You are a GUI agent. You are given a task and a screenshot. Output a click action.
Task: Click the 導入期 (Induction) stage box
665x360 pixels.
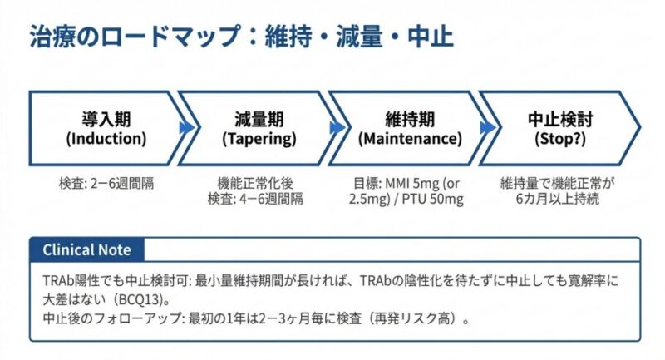pos(106,128)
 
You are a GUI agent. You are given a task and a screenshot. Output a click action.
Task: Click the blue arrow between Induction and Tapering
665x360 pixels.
pos(185,128)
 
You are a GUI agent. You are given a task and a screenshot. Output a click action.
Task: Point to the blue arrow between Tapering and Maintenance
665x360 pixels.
pos(337,128)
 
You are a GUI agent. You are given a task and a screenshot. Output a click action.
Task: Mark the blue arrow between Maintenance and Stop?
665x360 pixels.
pos(487,128)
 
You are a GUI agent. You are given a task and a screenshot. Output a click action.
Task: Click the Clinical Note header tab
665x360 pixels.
pos(87,249)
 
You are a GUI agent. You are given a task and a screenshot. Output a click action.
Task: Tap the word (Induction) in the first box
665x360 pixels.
pos(106,139)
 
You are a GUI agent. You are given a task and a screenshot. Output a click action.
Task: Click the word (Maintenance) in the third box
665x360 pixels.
pos(410,139)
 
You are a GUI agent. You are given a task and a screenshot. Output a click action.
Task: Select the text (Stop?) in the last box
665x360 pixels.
pos(559,139)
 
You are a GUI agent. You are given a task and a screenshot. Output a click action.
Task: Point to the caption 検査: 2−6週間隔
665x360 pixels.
pos(106,184)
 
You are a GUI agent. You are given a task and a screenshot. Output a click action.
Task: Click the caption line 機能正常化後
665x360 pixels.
pos(255,184)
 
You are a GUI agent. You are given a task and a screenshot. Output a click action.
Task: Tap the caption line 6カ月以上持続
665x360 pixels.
pos(557,199)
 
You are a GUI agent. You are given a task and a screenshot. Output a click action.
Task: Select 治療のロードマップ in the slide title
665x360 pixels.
pos(135,36)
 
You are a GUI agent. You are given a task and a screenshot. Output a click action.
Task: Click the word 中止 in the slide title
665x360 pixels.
pos(431,36)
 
